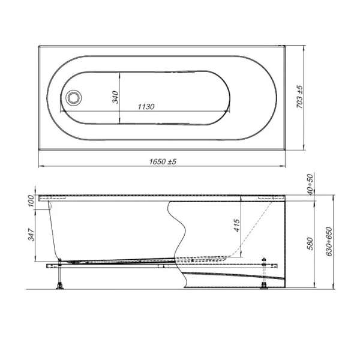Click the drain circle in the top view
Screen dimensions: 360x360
(74, 96)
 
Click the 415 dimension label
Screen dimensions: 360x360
(236, 226)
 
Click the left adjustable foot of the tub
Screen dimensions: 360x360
(60, 285)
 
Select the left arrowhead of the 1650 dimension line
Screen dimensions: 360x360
(41, 166)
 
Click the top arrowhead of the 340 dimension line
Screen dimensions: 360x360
(121, 75)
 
